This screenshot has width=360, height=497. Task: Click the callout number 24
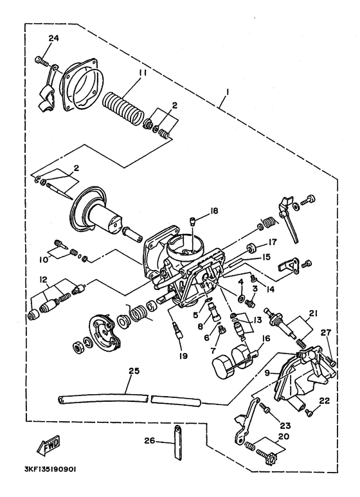tap(53, 39)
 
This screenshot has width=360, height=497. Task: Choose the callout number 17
tap(272, 242)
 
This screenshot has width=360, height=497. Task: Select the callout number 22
tap(324, 401)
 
